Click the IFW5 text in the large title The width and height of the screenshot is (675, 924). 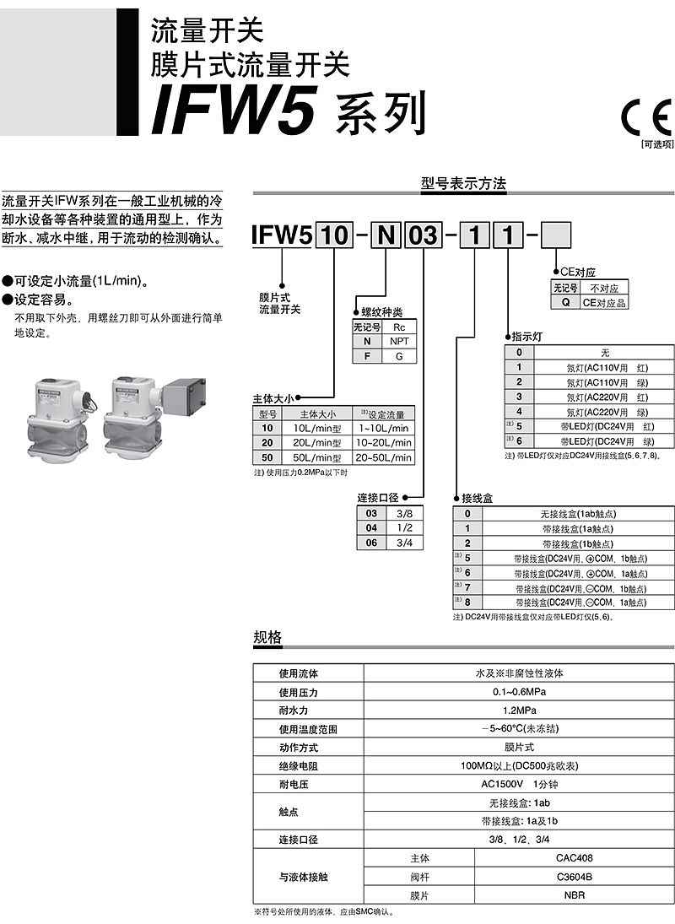tap(235, 111)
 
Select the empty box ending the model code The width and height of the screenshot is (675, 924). tap(555, 235)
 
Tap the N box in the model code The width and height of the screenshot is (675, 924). tap(386, 235)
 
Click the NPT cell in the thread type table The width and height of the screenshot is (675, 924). tap(399, 341)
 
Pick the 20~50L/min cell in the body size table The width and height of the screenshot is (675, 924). tap(383, 457)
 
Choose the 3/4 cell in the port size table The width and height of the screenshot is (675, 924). tap(405, 543)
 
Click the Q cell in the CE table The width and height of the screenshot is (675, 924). tap(565, 302)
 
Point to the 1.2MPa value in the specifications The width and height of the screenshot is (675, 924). tap(519, 711)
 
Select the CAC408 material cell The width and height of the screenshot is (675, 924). tap(575, 858)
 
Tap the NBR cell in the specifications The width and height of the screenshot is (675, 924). tap(575, 895)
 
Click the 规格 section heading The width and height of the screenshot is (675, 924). tap(267, 637)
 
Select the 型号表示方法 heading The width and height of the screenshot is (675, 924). tap(463, 183)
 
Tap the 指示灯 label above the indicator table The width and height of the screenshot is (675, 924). tap(526, 337)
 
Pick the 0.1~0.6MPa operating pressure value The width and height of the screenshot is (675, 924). tap(519, 691)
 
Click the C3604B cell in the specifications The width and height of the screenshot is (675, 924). tap(575, 877)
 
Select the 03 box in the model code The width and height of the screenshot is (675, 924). tap(423, 235)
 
